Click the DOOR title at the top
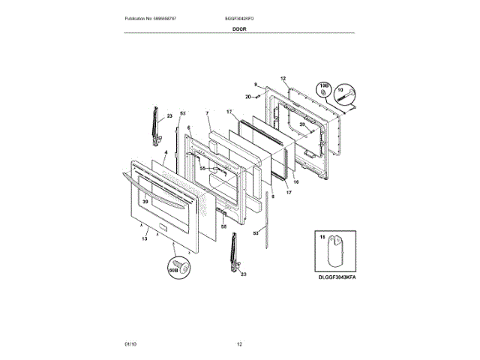point(239,28)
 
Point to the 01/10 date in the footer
point(130,344)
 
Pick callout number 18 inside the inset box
point(323,237)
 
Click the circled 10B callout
point(325,88)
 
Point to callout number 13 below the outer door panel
point(144,238)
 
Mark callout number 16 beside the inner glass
point(295,182)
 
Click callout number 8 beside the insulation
point(273,196)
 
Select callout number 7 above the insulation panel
point(206,114)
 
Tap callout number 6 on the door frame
point(189,127)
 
